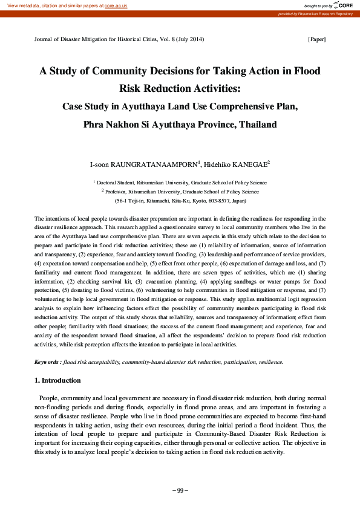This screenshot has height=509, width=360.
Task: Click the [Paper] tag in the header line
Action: [317, 39]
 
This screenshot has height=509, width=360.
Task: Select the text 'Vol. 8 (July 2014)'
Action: [180, 39]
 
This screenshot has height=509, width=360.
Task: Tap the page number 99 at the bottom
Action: [180, 490]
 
